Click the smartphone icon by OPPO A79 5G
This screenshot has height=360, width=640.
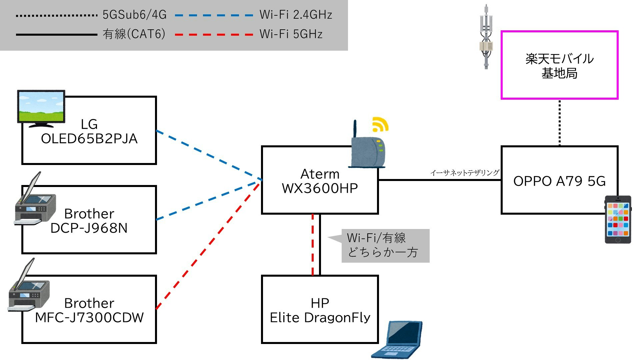click(618, 219)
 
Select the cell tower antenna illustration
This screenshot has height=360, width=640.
click(486, 37)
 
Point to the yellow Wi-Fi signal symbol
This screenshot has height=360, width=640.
click(380, 125)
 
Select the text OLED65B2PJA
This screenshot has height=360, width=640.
click(89, 139)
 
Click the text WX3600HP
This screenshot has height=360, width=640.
click(320, 188)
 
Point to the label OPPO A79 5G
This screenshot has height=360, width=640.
click(559, 181)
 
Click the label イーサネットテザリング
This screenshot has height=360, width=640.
click(465, 173)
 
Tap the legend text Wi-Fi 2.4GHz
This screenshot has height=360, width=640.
click(296, 15)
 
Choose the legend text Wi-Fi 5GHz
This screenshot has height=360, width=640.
click(291, 34)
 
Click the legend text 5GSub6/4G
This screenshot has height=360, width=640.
click(134, 15)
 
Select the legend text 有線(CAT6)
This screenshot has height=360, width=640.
click(134, 34)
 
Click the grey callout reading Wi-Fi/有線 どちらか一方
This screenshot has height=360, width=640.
click(385, 246)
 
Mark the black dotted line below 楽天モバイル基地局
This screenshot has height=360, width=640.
click(559, 123)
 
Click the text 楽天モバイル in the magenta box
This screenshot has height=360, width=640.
click(559, 59)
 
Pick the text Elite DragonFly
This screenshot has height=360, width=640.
click(320, 318)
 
